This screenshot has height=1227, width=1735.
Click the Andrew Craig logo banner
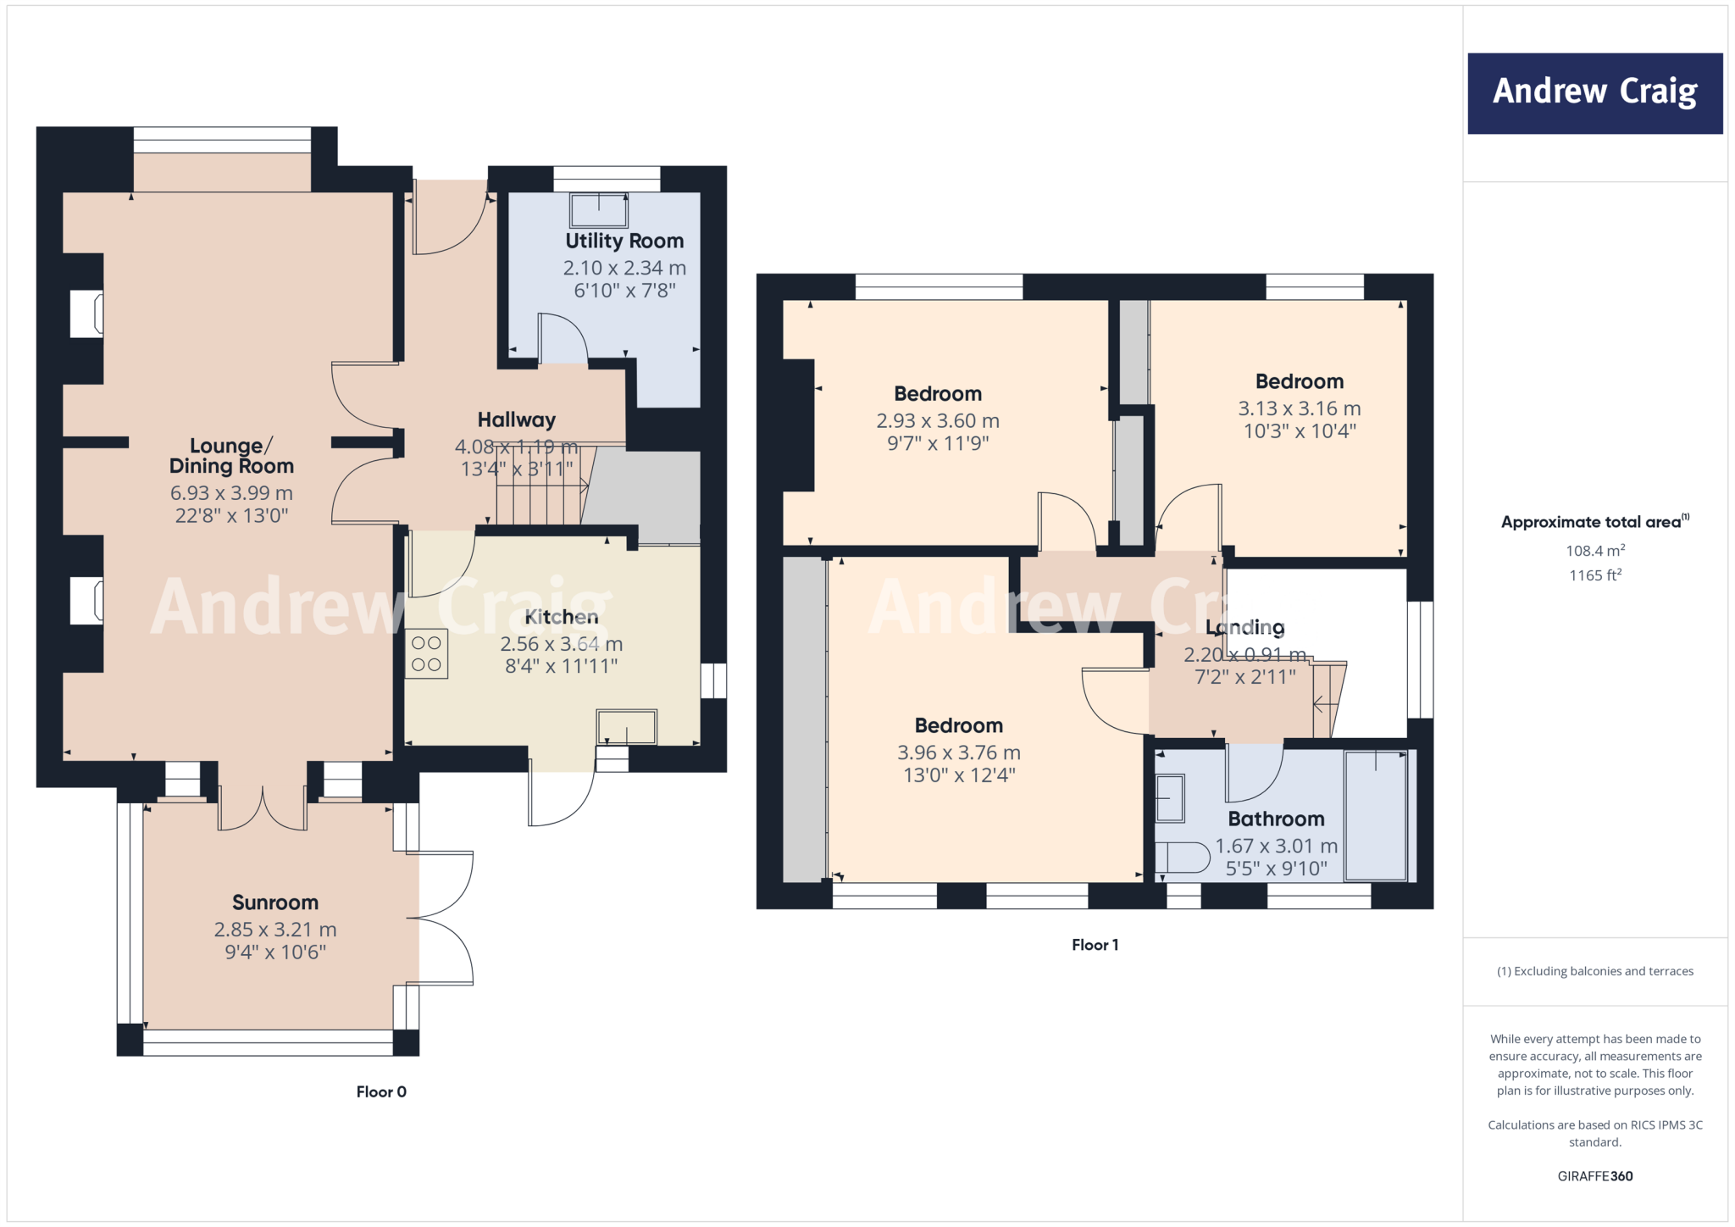tap(1594, 93)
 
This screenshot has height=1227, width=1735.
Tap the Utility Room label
tap(624, 242)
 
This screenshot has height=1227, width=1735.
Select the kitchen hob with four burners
tap(426, 654)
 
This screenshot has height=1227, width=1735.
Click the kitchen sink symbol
tap(626, 727)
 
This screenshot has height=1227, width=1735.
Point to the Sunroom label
tap(275, 902)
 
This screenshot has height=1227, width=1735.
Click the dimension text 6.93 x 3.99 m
tap(231, 493)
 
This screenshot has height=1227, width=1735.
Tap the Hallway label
tap(516, 420)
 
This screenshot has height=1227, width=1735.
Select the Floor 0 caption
tap(381, 1092)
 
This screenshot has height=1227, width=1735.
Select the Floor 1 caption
tap(1095, 945)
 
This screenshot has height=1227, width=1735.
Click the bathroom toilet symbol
tap(1183, 858)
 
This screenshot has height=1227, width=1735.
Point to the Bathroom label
tap(1276, 819)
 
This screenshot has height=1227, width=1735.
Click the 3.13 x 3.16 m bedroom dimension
tap(1299, 409)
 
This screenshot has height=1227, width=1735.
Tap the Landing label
tap(1244, 628)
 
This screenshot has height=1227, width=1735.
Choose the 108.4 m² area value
tap(1594, 551)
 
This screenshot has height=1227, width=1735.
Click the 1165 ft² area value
tap(1594, 575)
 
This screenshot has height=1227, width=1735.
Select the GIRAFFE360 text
tap(1594, 1176)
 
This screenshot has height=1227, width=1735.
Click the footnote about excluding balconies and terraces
tap(1594, 971)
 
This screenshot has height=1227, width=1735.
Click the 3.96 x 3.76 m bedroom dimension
tap(958, 752)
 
